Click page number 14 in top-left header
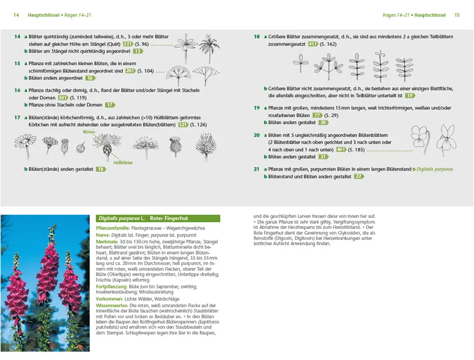16,15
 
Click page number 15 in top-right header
457,15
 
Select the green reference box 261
130,71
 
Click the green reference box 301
63,97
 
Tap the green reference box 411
312,43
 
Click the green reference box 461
341,149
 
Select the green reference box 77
317,115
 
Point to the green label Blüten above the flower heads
89,132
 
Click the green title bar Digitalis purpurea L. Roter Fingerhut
158,218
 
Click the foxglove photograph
45,283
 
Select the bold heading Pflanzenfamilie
113,228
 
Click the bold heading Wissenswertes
113,305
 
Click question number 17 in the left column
17,117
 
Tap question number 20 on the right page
256,135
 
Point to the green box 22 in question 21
358,176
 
